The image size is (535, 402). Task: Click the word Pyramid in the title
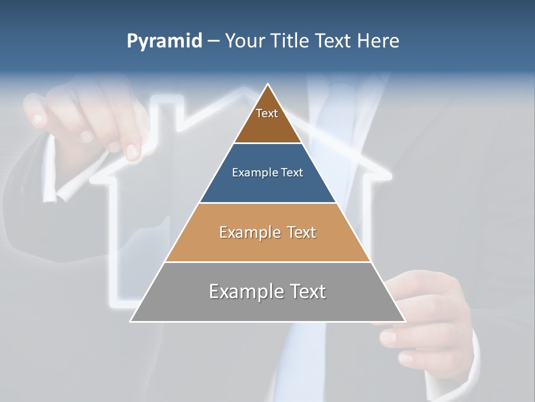(x=164, y=41)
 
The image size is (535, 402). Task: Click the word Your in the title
(x=244, y=41)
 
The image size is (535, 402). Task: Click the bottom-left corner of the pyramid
(x=131, y=321)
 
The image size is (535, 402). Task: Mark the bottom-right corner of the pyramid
(x=405, y=321)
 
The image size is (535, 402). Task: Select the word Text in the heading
(x=333, y=41)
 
